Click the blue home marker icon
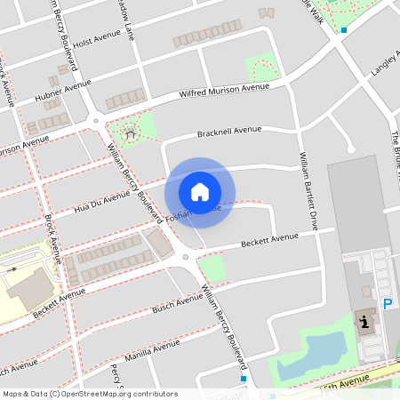[x=200, y=192]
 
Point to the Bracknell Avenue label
[x=229, y=132]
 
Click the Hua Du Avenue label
[x=102, y=196]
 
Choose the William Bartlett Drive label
[x=308, y=192]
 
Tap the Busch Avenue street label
[x=177, y=302]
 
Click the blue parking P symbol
[x=388, y=304]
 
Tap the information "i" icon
[x=365, y=322]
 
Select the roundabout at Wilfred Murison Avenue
[x=96, y=120]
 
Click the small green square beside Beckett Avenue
[x=212, y=268]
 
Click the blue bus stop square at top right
[x=343, y=30]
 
